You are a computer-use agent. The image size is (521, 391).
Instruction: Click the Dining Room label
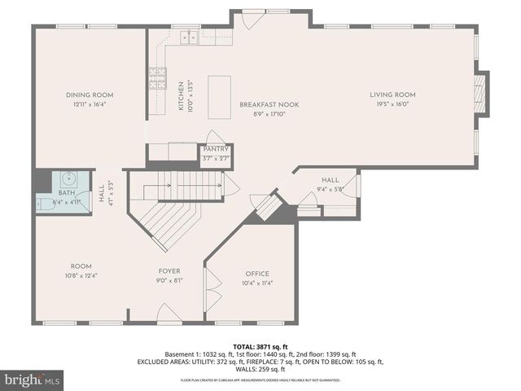[90, 95]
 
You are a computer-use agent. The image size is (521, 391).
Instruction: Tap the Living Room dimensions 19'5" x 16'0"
[394, 104]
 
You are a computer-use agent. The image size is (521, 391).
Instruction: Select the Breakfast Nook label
[260, 104]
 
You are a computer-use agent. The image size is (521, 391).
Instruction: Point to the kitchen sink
[189, 37]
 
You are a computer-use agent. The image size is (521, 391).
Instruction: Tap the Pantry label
[216, 150]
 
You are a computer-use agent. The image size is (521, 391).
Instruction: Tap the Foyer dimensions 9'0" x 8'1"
[169, 280]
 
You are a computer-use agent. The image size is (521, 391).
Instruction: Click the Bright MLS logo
[33, 380]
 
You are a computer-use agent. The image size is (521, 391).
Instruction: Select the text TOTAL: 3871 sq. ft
[260, 347]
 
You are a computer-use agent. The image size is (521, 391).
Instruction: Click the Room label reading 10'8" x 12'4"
[81, 266]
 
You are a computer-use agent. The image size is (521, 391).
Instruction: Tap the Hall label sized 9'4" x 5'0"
[330, 180]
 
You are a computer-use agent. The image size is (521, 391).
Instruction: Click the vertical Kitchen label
[182, 96]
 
